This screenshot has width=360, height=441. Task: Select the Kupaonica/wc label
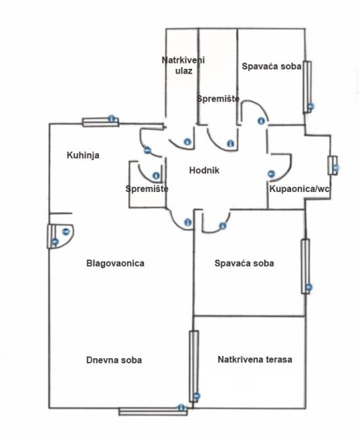[x=300, y=189]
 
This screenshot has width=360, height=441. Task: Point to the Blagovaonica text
[x=115, y=263]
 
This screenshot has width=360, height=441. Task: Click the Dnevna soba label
[x=114, y=360]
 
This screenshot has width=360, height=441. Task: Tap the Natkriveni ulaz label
[x=182, y=64]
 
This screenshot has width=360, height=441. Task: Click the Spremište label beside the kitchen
[x=146, y=189]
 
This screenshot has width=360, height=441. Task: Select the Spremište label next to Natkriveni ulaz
[x=218, y=98]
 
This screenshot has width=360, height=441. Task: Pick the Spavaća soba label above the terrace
[x=244, y=263]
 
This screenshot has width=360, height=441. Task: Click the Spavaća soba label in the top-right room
[x=270, y=67]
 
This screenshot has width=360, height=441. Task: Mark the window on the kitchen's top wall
[x=101, y=121]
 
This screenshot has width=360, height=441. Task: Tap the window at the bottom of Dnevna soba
[x=153, y=412]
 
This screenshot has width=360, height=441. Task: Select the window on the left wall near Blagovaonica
[x=51, y=236]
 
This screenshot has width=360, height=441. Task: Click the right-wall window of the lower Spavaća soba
[x=305, y=265]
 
